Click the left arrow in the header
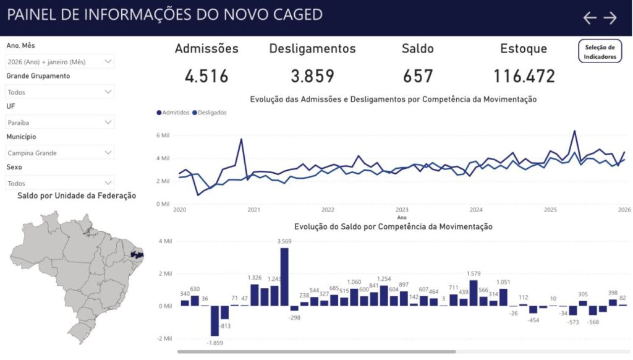(590, 18)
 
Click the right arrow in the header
(610, 18)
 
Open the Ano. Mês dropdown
(60, 62)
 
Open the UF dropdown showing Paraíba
(60, 122)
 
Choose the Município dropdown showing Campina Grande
(60, 152)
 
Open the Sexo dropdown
(60, 183)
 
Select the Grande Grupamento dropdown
(60, 92)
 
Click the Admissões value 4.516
(206, 77)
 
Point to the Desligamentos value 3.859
(312, 77)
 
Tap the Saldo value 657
(418, 77)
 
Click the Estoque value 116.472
(524, 77)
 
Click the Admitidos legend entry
(174, 113)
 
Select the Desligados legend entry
(210, 113)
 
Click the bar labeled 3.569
(284, 276)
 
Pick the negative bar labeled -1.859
(215, 321)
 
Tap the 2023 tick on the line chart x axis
(402, 210)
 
